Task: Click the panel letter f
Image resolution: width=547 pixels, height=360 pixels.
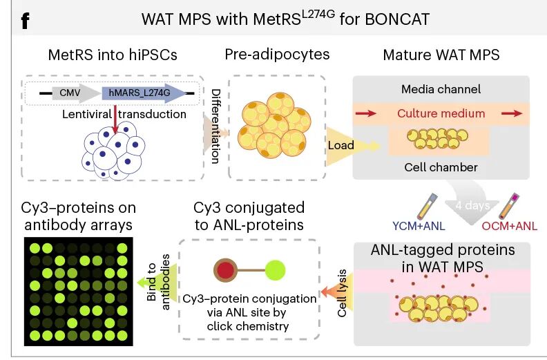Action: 25,21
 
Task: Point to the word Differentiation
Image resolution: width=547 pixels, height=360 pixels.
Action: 216,126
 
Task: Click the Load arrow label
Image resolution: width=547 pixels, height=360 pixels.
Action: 340,145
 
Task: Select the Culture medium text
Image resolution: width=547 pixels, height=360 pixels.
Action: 441,113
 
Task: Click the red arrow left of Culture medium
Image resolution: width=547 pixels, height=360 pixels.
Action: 365,113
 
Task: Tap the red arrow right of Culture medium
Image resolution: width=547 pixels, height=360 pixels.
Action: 512,113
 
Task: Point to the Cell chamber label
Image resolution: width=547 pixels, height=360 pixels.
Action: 441,167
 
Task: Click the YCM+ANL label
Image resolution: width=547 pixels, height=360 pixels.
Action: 419,226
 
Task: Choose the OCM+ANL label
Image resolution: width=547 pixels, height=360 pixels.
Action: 509,226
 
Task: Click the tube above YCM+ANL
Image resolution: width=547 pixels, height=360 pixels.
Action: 427,206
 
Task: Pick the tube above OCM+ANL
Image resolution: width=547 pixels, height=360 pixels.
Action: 509,206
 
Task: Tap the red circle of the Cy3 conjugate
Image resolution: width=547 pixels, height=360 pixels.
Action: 225,270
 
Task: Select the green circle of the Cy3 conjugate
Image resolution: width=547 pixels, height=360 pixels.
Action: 275,270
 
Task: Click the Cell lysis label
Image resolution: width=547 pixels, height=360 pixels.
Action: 342,293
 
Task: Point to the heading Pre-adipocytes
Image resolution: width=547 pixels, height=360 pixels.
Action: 277,55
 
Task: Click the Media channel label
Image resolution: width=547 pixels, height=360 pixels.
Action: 441,89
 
